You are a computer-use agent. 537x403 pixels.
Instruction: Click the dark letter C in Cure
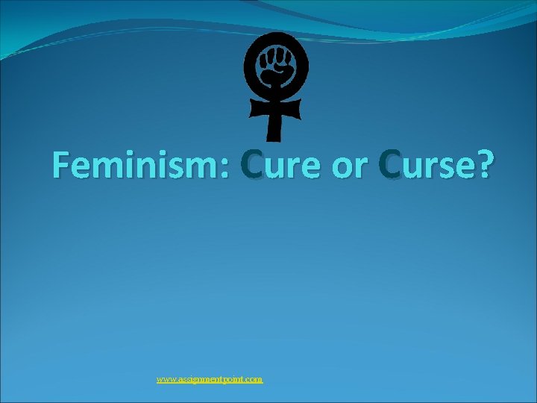[x=252, y=166]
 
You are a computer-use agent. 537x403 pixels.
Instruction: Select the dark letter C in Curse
[x=391, y=166]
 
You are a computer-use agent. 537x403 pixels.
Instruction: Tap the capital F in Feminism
[x=62, y=166]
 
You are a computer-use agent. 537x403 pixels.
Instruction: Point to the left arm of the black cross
[x=258, y=109]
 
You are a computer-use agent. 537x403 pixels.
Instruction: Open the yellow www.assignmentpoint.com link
[x=210, y=379]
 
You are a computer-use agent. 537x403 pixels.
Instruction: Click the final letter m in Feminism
[x=205, y=169]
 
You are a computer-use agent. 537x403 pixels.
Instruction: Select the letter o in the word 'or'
[x=340, y=169]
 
